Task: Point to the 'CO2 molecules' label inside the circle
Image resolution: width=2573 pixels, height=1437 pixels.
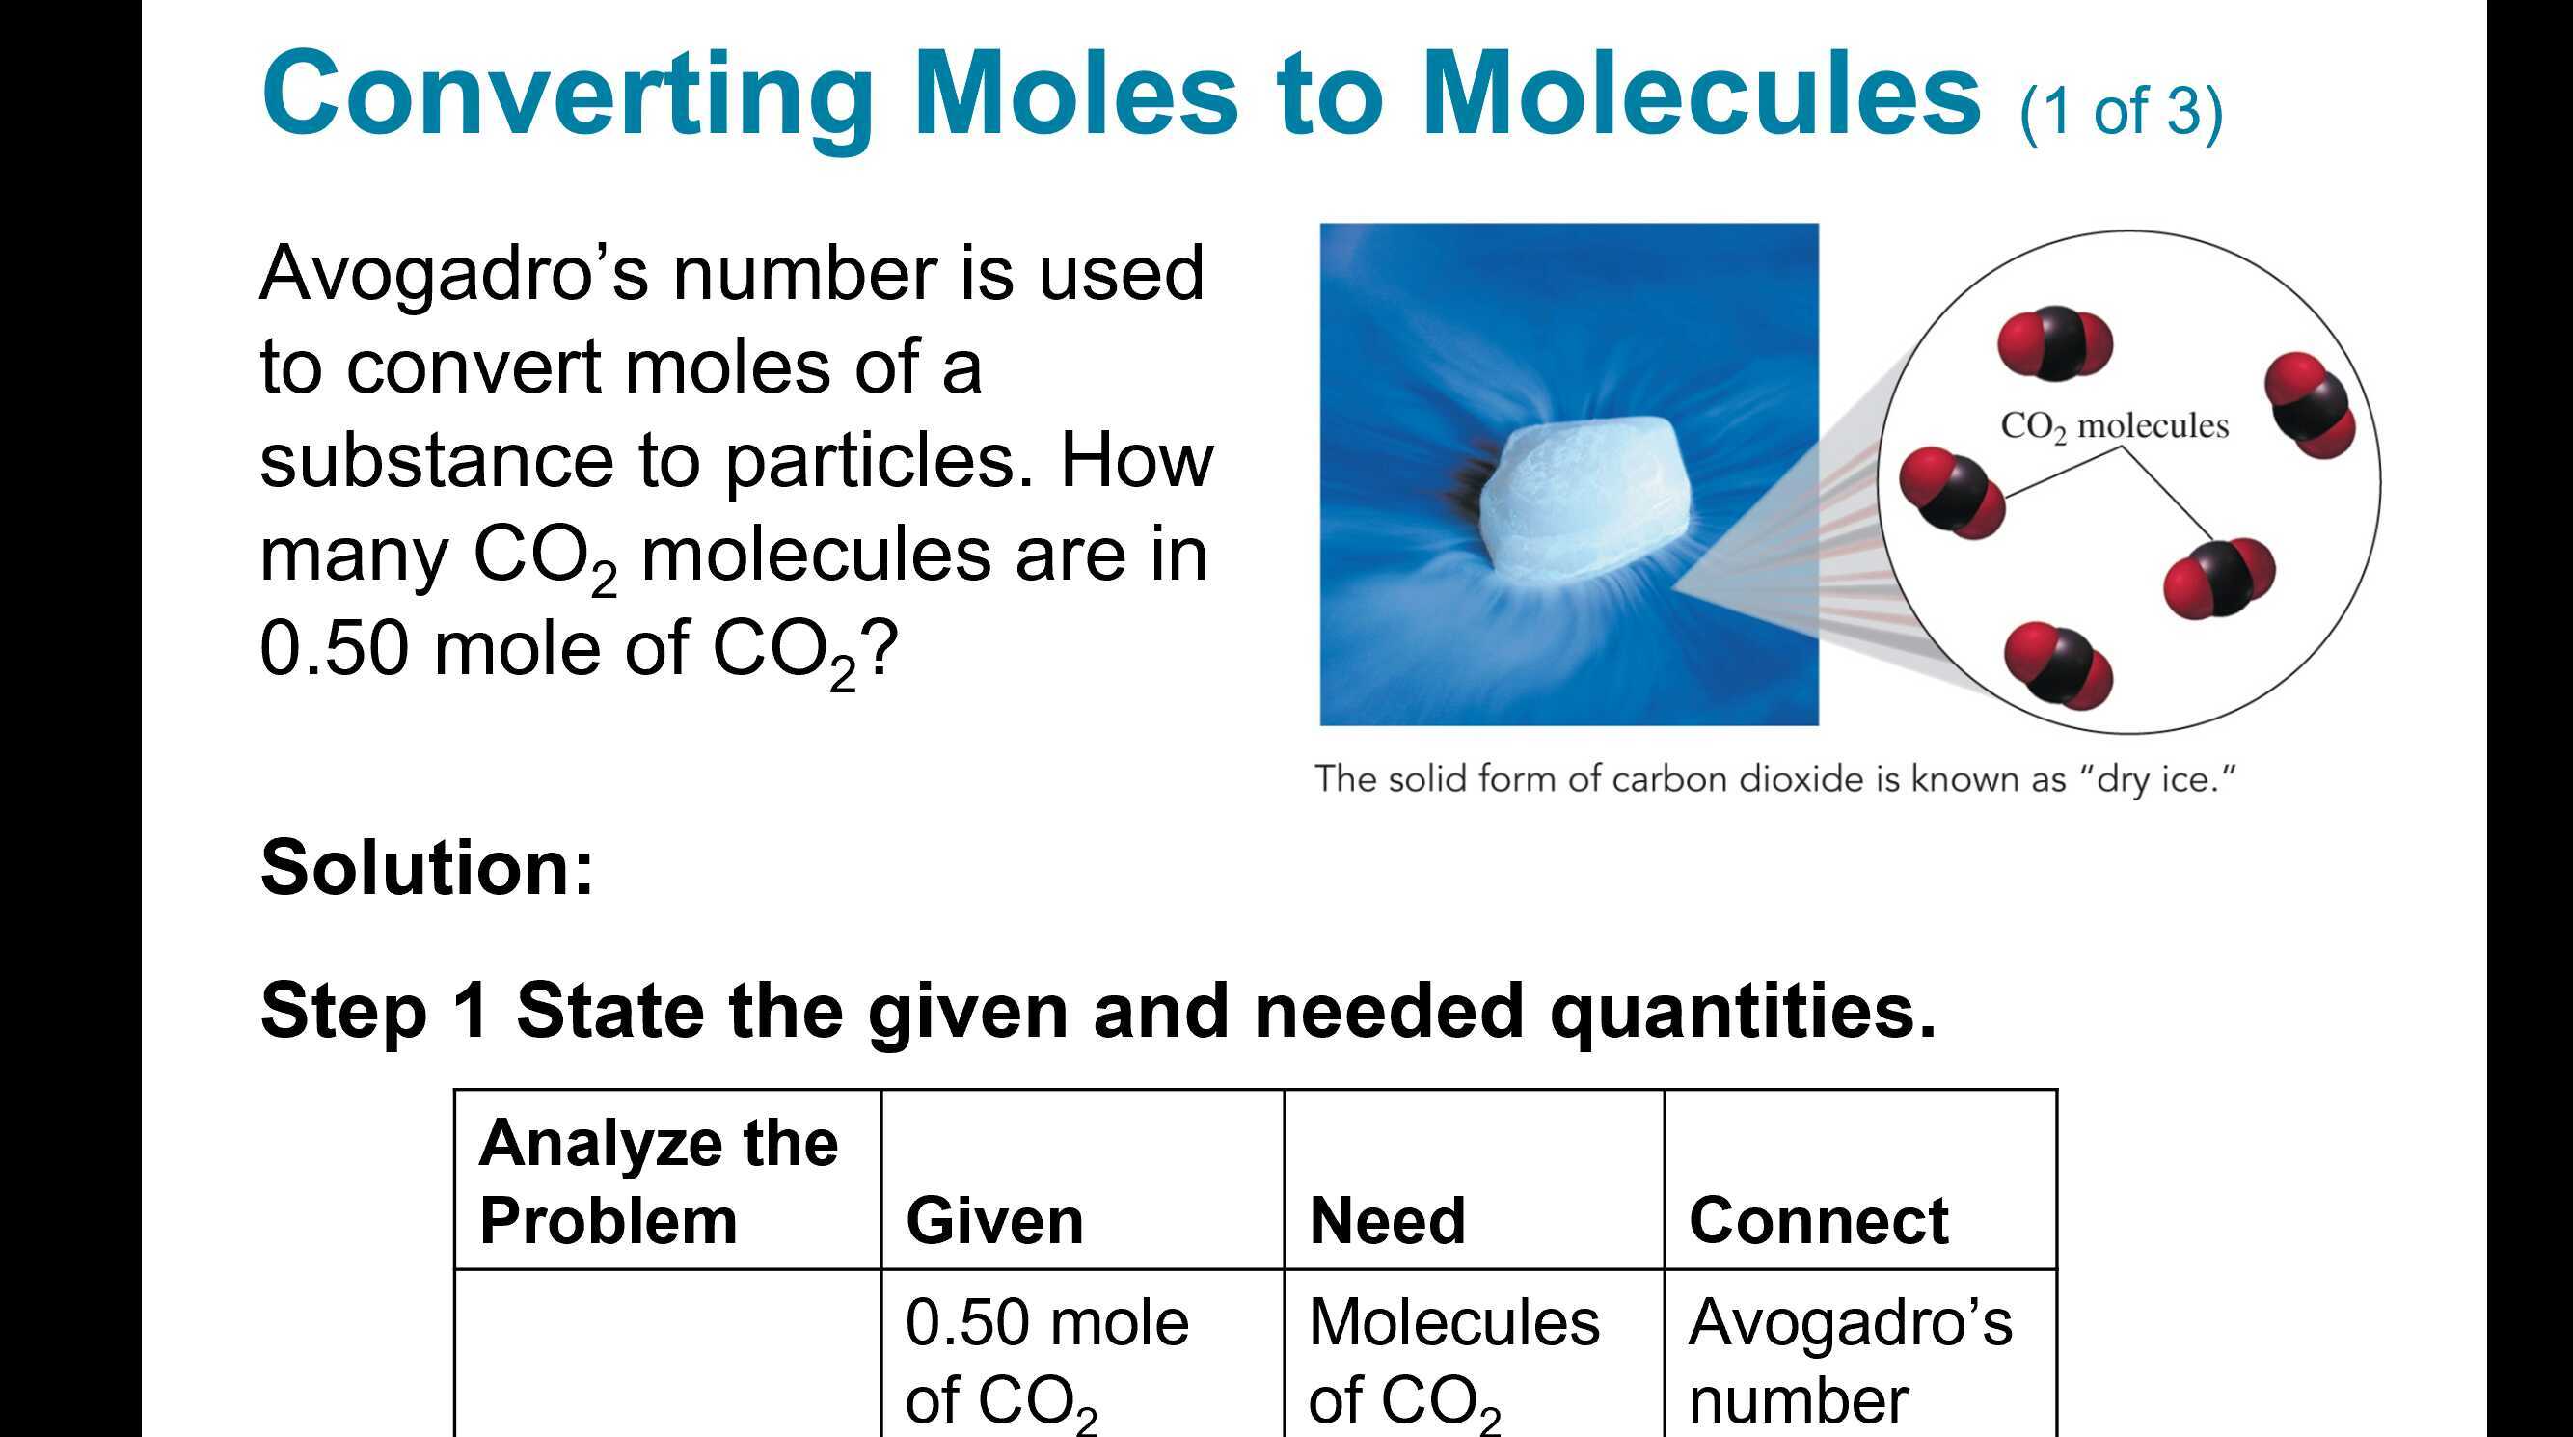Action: [2114, 426]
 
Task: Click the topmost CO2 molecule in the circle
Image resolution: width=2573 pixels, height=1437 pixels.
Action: [2054, 343]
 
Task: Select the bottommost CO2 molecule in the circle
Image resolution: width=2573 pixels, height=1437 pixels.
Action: [2058, 665]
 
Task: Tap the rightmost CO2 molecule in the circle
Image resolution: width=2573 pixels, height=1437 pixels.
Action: [2309, 404]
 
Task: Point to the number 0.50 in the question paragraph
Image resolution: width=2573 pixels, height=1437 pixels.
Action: [334, 648]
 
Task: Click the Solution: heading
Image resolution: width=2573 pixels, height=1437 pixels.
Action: [426, 867]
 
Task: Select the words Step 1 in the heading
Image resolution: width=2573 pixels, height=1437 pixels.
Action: [374, 1011]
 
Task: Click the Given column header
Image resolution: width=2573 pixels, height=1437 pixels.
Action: [994, 1220]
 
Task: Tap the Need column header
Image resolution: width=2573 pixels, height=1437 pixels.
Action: [1387, 1220]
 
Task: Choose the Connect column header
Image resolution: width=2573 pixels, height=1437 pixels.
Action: [1818, 1220]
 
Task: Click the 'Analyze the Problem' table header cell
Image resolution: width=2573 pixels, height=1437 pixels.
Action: [660, 1180]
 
